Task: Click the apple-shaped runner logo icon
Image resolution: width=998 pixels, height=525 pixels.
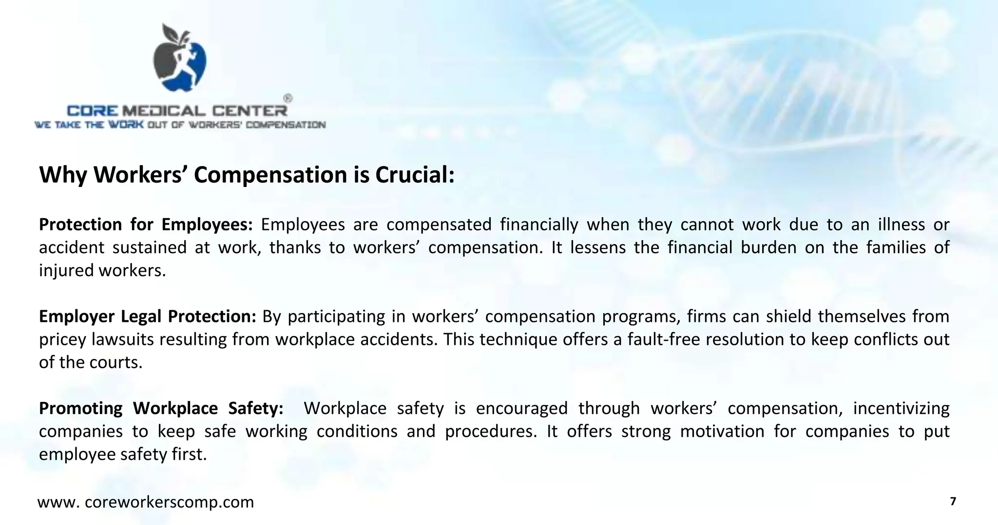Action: coord(179,57)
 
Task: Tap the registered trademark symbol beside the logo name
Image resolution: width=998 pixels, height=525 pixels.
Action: coord(288,98)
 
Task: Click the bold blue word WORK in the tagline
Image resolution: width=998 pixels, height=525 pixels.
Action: coord(126,125)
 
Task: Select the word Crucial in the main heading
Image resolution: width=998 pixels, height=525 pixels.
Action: coord(414,175)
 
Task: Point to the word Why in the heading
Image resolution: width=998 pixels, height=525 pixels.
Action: coord(63,175)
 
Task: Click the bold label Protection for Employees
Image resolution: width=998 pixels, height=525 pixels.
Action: coord(146,225)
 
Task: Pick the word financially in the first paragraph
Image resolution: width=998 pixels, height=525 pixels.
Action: coord(539,225)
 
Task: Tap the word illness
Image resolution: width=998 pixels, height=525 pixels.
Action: coord(902,225)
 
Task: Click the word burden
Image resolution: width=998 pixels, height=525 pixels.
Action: coord(768,247)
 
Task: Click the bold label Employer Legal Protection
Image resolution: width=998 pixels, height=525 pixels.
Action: coord(147,317)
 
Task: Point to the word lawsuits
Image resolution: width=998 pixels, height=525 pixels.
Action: coord(123,339)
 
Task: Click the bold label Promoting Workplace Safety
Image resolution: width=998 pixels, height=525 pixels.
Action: coord(161,408)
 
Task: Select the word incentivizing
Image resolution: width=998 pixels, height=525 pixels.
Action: coord(901,408)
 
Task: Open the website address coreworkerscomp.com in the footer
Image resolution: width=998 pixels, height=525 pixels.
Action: coord(146,502)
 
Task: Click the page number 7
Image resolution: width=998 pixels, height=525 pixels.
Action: coord(953,502)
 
